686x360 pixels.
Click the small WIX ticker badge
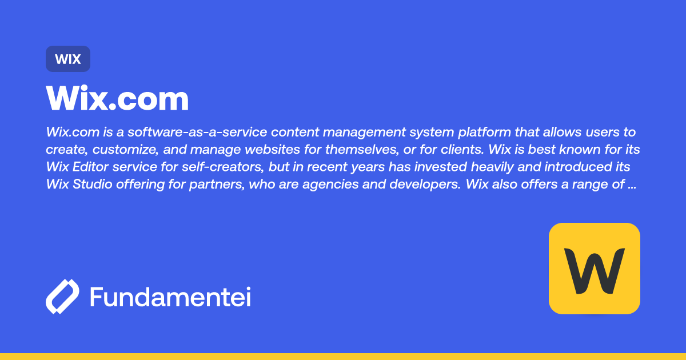point(68,59)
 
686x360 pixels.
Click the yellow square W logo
point(594,269)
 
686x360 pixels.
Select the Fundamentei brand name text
point(170,297)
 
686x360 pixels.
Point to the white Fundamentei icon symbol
point(62,297)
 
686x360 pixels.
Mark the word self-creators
point(217,167)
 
